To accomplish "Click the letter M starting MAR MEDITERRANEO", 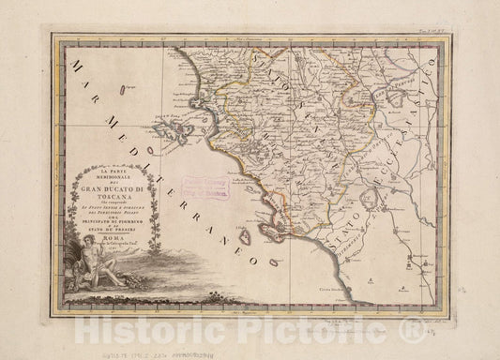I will tap(69, 62).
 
